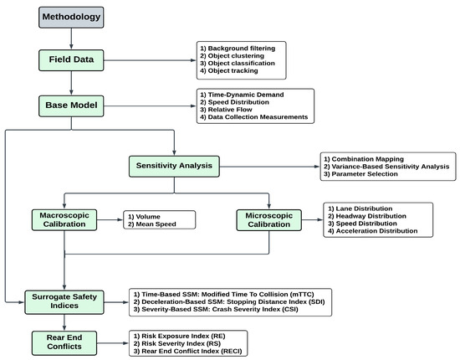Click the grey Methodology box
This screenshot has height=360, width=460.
[x=73, y=17]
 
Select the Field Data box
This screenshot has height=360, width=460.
[x=73, y=61]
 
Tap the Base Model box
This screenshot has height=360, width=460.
[x=73, y=106]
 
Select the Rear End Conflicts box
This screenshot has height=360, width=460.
[x=64, y=342]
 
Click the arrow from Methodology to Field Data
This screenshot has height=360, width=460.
[x=73, y=38]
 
